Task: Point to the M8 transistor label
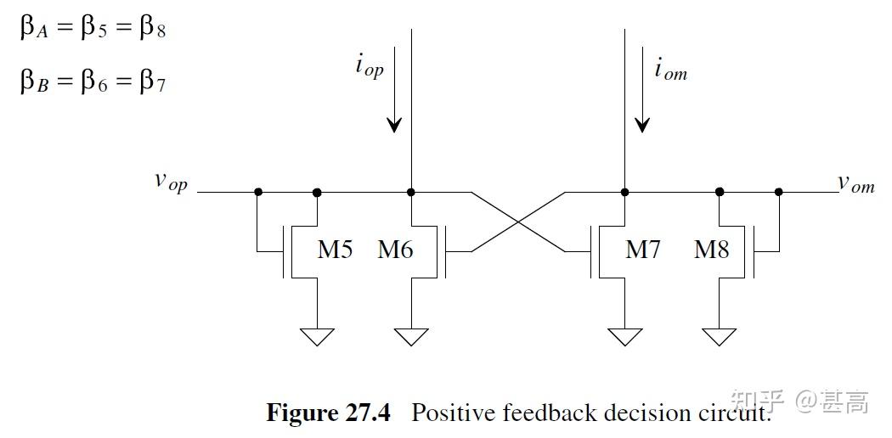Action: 711,250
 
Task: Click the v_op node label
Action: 170,182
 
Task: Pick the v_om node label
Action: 855,183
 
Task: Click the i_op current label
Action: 370,66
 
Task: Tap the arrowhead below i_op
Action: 393,124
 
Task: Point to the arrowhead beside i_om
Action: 642,124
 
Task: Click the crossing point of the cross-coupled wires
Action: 518,222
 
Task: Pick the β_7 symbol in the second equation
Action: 152,82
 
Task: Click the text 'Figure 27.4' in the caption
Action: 328,413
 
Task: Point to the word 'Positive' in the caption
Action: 453,413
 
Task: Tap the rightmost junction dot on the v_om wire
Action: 779,192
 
